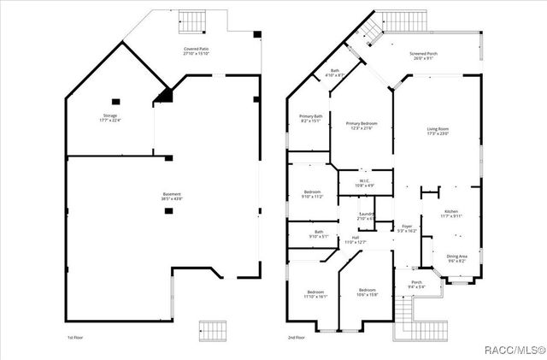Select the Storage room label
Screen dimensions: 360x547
point(110,118)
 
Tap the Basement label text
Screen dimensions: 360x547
point(172,195)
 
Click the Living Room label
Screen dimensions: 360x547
point(438,131)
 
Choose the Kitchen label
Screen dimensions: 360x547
point(451,214)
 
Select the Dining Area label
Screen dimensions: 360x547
point(456,258)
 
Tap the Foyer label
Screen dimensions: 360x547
point(408,228)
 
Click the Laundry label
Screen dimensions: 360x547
point(365,216)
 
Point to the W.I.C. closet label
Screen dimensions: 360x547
point(363,182)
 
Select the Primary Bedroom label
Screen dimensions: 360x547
point(362,126)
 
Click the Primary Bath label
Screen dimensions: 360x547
point(310,118)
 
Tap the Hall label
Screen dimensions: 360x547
point(355,240)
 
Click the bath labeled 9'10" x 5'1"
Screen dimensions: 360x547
point(318,233)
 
